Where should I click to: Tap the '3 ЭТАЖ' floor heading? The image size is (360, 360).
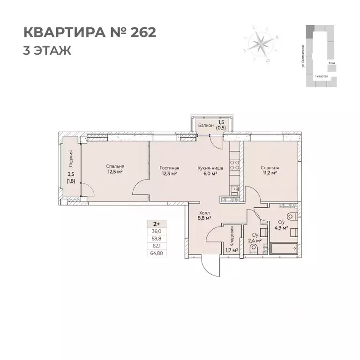(x=47, y=50)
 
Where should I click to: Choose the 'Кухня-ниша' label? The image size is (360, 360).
(x=210, y=167)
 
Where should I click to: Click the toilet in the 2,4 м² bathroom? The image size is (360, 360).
(x=254, y=252)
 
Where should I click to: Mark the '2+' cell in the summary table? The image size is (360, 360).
(x=157, y=224)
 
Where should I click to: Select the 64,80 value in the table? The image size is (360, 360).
(x=157, y=253)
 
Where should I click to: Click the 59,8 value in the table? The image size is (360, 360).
(x=157, y=239)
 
